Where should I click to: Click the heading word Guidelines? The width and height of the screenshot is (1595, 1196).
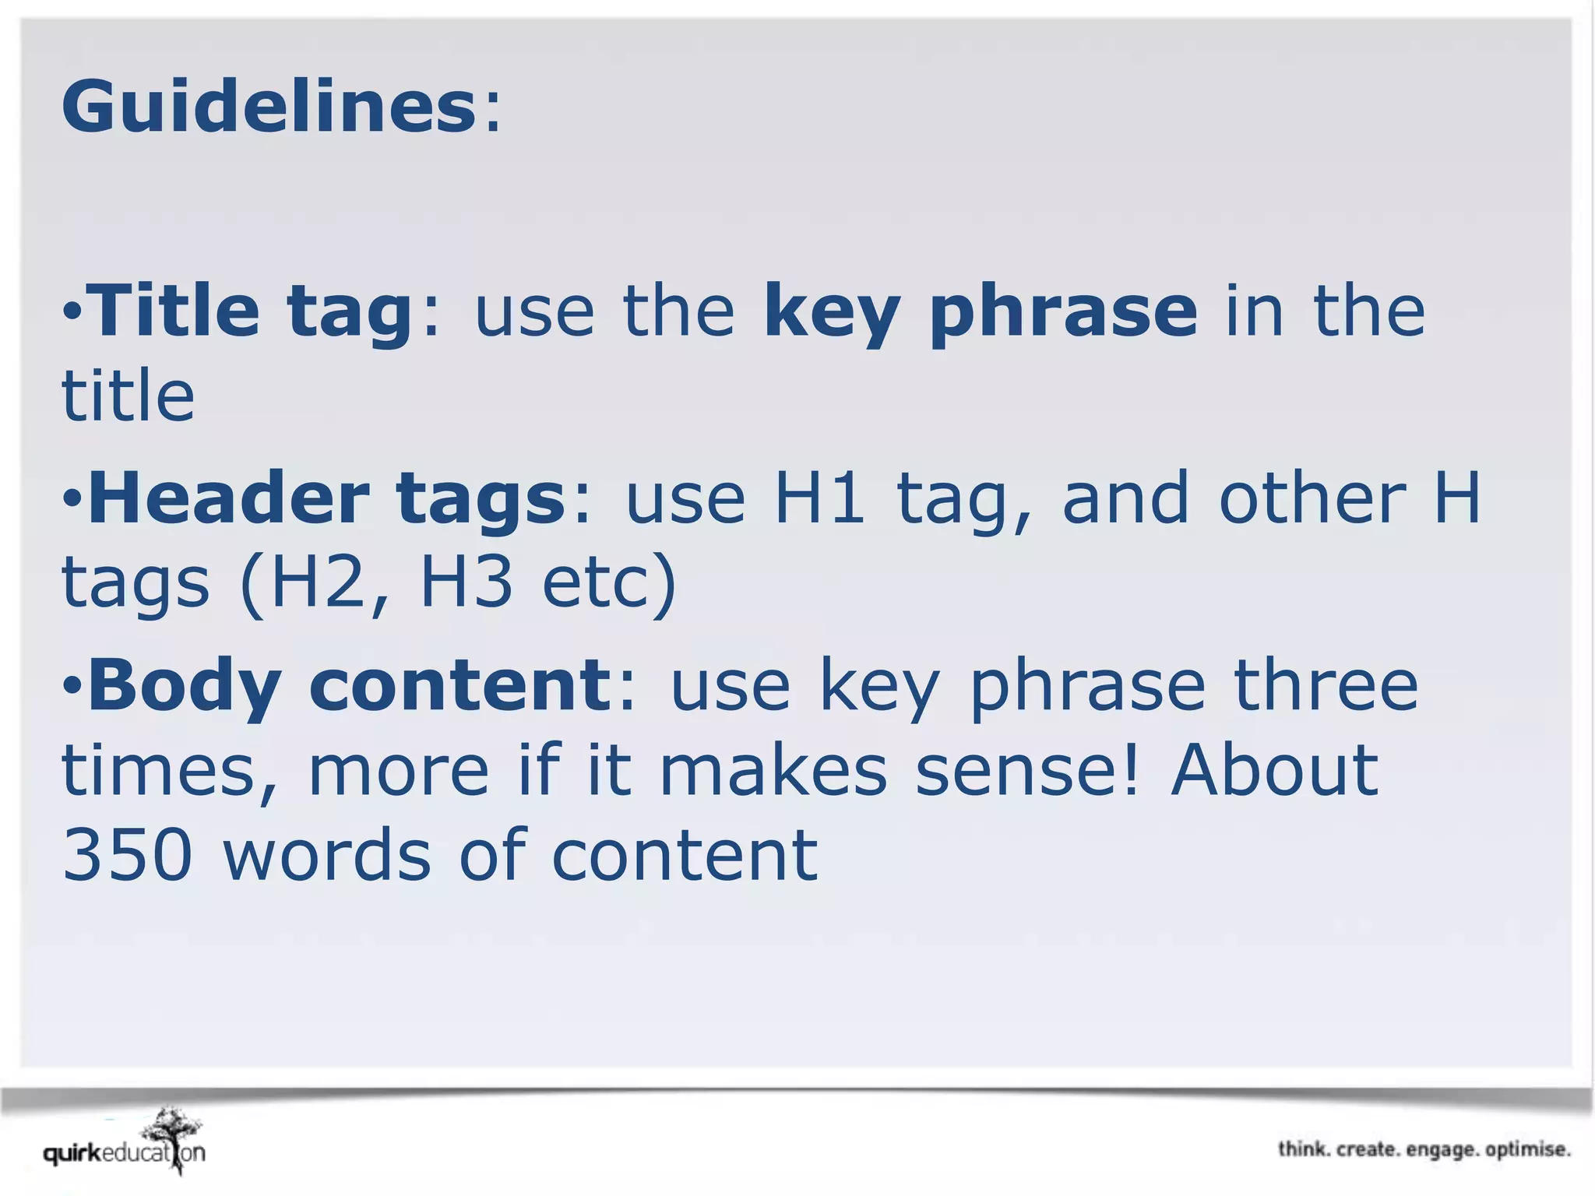click(x=269, y=107)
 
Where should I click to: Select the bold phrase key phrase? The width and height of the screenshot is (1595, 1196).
click(x=980, y=311)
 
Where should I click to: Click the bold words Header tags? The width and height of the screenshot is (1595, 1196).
click(x=326, y=498)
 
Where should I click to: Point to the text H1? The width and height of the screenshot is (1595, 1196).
click(x=819, y=498)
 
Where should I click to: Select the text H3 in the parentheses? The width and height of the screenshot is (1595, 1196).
click(x=466, y=582)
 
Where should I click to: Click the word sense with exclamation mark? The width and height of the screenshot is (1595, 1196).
click(x=1026, y=771)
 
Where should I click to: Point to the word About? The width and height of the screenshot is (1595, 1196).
click(x=1274, y=771)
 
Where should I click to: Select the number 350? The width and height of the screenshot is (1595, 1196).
click(x=127, y=855)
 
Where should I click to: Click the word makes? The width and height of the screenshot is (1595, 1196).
click(x=773, y=771)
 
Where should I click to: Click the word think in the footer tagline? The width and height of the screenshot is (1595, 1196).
click(x=1303, y=1149)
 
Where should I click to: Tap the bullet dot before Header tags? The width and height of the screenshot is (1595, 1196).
click(x=72, y=498)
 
